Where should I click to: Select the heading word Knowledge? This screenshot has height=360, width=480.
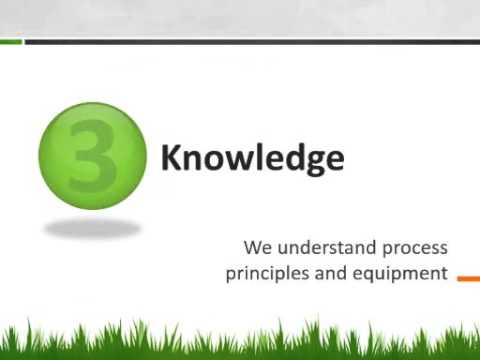252,158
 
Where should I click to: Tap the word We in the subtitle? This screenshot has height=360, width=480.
255,247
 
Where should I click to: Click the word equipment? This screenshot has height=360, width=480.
399,273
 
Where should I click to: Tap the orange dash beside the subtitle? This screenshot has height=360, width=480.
468,279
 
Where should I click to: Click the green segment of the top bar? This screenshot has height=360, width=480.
11,42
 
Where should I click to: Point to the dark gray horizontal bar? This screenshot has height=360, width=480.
250,42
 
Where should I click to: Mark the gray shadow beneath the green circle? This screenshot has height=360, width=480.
92,228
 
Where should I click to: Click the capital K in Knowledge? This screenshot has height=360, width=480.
171,158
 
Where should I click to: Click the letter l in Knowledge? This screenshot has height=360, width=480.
258,157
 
